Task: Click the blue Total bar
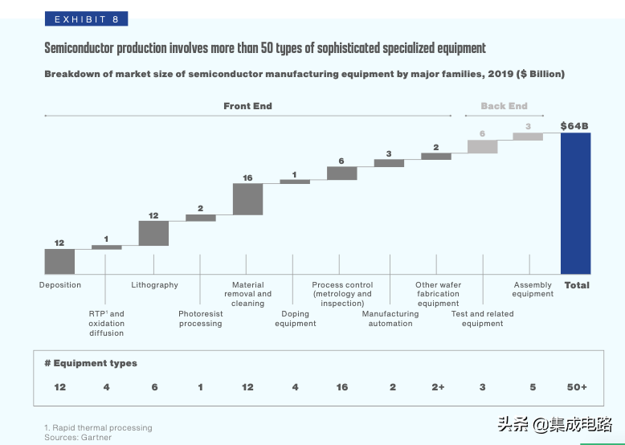click(x=575, y=203)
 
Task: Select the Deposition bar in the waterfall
click(x=59, y=261)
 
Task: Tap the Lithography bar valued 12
click(x=153, y=233)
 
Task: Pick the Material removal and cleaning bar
click(x=247, y=199)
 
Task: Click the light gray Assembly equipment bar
click(x=528, y=137)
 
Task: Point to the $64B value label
click(x=575, y=125)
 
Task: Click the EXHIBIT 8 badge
click(x=86, y=19)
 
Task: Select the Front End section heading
click(x=247, y=106)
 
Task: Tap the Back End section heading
click(x=504, y=106)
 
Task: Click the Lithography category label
click(x=154, y=285)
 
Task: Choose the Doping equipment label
click(x=295, y=319)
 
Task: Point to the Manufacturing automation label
click(x=390, y=319)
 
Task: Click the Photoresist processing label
click(x=200, y=319)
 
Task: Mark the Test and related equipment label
click(x=482, y=319)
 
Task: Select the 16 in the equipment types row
click(x=342, y=387)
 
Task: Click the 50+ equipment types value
click(x=576, y=387)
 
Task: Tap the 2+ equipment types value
click(x=438, y=387)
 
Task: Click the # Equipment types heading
click(x=91, y=363)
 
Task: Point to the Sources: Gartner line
click(x=78, y=438)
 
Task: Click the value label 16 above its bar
click(x=247, y=178)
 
